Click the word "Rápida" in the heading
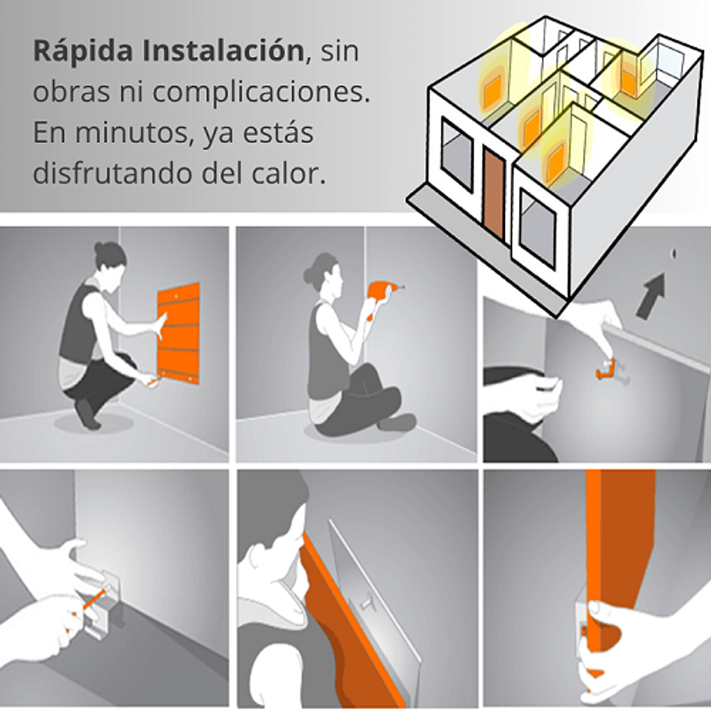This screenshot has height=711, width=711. pyautogui.click(x=83, y=52)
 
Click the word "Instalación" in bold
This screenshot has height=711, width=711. pyautogui.click(x=223, y=51)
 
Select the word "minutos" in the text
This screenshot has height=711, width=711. pyautogui.click(x=131, y=133)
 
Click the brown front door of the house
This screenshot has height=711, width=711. pyautogui.click(x=493, y=193)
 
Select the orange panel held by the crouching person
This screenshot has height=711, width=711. pyautogui.click(x=178, y=333)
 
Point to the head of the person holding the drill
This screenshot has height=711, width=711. pyautogui.click(x=323, y=272)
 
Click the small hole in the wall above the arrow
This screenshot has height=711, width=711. pyautogui.click(x=673, y=253)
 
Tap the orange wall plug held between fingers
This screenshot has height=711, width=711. pyautogui.click(x=605, y=368)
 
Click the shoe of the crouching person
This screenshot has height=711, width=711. pyautogui.click(x=87, y=414)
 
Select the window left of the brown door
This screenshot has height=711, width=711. pyautogui.click(x=457, y=154)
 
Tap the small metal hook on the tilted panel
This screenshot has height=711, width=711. pyautogui.click(x=365, y=602)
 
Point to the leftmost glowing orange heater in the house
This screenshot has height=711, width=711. pyautogui.click(x=492, y=92)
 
